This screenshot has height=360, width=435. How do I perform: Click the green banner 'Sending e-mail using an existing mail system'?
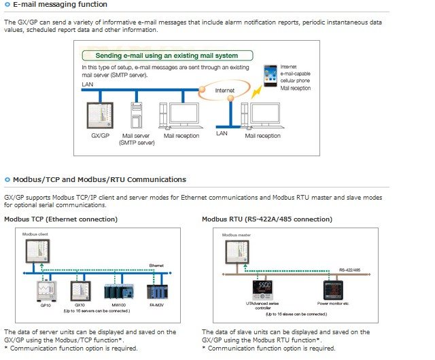point(167,55)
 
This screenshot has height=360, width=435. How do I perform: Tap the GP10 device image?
point(45,291)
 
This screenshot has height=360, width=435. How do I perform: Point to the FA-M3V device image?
point(157,292)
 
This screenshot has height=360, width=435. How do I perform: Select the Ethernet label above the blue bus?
point(156,266)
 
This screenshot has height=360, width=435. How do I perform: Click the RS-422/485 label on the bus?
point(351,270)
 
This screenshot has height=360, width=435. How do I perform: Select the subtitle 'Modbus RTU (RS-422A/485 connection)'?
point(267,219)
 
